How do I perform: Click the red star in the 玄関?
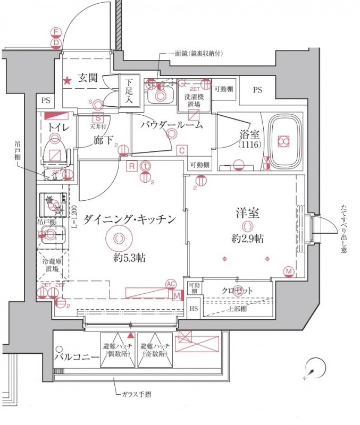pyautogui.click(x=68, y=81)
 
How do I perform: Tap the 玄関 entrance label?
pyautogui.click(x=88, y=78)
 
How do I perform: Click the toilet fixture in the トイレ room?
pyautogui.click(x=55, y=150)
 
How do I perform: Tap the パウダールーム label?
pyautogui.click(x=171, y=125)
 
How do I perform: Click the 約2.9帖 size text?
pyautogui.click(x=247, y=239)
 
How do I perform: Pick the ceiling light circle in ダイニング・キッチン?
pyautogui.click(x=119, y=238)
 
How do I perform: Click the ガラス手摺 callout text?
pyautogui.click(x=137, y=396)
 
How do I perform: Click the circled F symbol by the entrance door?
pyautogui.click(x=55, y=32)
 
